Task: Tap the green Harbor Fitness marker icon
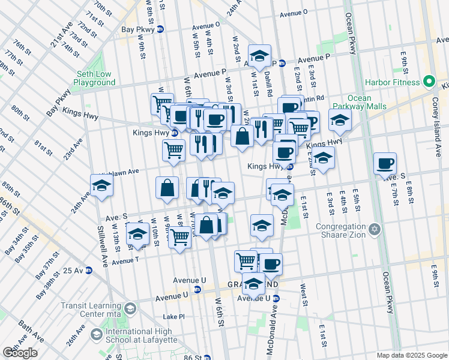[x=429, y=81]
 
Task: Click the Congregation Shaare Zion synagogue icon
[x=375, y=229]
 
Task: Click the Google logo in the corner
[x=20, y=353]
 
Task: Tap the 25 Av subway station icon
[x=89, y=270]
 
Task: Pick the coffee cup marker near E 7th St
[x=385, y=164]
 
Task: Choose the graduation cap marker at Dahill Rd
[x=259, y=56]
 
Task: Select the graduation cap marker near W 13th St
[x=137, y=233]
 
